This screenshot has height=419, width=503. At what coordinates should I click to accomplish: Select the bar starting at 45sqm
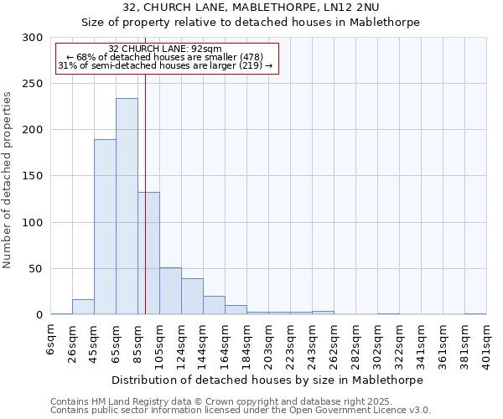(x=105, y=227)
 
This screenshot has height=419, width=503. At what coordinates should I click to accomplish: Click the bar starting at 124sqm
(x=192, y=297)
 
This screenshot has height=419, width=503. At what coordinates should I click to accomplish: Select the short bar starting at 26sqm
(x=83, y=307)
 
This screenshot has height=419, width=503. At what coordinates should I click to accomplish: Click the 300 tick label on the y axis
(x=33, y=38)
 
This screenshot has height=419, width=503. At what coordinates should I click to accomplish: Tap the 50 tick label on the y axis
(x=36, y=269)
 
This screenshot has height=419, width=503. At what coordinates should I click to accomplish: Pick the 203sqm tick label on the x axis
(x=269, y=342)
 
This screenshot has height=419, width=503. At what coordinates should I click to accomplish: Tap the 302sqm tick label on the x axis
(x=378, y=342)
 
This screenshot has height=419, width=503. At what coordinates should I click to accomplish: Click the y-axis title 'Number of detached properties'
(x=8, y=180)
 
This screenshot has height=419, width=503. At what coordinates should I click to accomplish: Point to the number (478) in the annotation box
(x=251, y=57)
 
